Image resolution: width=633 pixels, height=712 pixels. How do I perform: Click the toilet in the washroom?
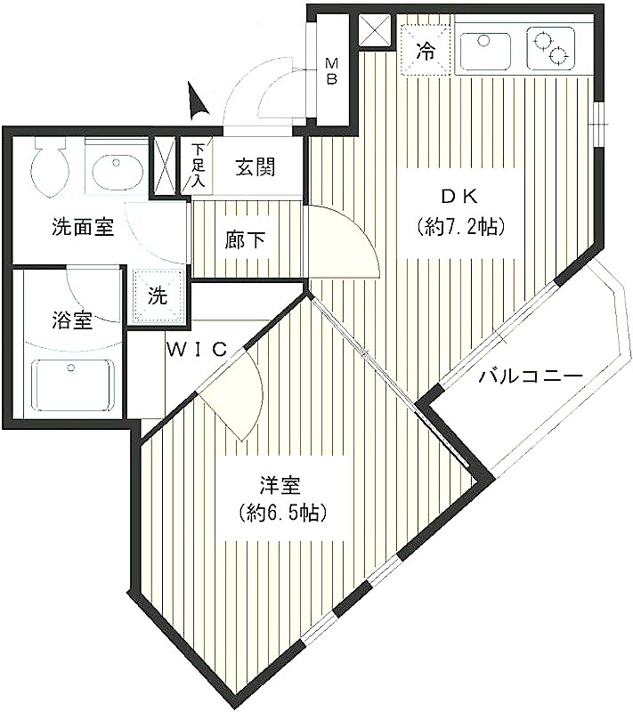pyautogui.click(x=50, y=167)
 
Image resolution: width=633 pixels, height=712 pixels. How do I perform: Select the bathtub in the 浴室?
pyautogui.click(x=73, y=385)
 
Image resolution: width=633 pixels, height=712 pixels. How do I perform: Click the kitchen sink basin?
pyautogui.click(x=489, y=49)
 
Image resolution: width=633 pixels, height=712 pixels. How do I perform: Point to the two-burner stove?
pyautogui.click(x=550, y=48)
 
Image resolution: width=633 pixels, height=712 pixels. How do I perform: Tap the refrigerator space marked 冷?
pyautogui.click(x=425, y=50)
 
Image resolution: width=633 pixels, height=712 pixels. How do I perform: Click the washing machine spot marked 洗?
pyautogui.click(x=158, y=296)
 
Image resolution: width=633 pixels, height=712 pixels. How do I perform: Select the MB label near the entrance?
pyautogui.click(x=332, y=71)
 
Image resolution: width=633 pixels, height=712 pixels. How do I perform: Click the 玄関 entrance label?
pyautogui.click(x=256, y=168)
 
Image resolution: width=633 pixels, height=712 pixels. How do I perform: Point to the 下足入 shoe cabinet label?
pyautogui.click(x=198, y=165)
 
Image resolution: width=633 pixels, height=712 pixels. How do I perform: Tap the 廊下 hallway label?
pyautogui.click(x=245, y=239)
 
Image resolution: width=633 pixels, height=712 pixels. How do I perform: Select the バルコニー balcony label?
pyautogui.click(x=532, y=376)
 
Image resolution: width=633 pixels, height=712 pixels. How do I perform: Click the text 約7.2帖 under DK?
pyautogui.click(x=460, y=226)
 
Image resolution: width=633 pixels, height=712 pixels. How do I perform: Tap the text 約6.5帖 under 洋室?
pyautogui.click(x=283, y=513)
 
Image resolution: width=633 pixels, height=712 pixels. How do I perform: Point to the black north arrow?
pyautogui.click(x=197, y=101)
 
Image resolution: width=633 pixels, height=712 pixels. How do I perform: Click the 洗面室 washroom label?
pyautogui.click(x=83, y=227)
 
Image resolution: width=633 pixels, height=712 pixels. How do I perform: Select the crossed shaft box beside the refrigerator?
pyautogui.click(x=375, y=30)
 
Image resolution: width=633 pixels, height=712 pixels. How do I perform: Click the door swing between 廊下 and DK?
pyautogui.click(x=344, y=240)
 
